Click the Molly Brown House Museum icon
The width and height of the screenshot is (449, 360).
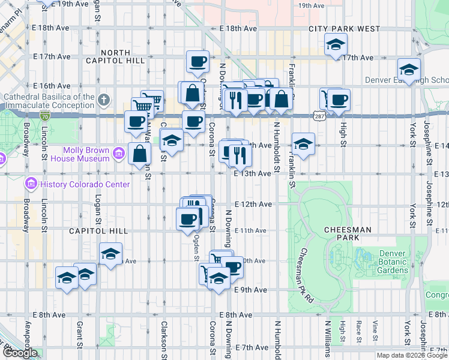point(118,155)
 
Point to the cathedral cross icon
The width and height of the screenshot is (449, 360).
point(103,99)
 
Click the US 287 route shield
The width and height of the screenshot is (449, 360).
point(319,113)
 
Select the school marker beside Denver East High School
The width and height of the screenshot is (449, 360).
point(409,70)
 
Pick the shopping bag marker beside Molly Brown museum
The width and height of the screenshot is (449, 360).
point(139,154)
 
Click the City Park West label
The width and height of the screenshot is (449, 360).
point(345,29)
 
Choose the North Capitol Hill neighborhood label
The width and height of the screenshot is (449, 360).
point(123,56)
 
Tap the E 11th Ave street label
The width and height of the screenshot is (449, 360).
point(250,230)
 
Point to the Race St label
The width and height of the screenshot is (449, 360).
point(358,330)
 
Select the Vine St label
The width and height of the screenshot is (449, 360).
point(375,330)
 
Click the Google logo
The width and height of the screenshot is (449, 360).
point(19,353)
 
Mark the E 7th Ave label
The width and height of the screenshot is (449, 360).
point(252,347)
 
